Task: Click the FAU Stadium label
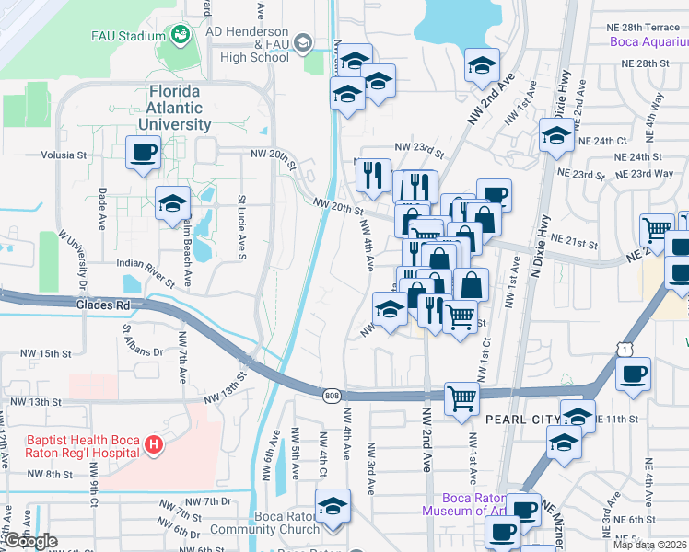pyautogui.click(x=126, y=37)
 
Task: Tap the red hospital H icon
pyautogui.click(x=154, y=446)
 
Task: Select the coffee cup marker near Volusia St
pyautogui.click(x=143, y=152)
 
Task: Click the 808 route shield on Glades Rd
pyautogui.click(x=332, y=396)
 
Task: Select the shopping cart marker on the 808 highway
pyautogui.click(x=461, y=398)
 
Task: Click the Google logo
pyautogui.click(x=30, y=541)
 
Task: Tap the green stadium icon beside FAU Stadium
pyautogui.click(x=180, y=36)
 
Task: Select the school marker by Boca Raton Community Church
pyautogui.click(x=333, y=505)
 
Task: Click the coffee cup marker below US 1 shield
pyautogui.click(x=633, y=374)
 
